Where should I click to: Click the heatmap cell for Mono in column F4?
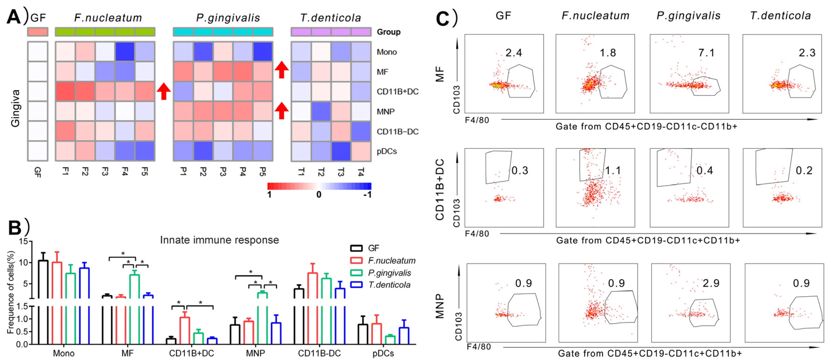(x=125, y=52)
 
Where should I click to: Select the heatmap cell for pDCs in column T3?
(x=340, y=151)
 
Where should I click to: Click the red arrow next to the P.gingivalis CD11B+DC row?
(x=163, y=91)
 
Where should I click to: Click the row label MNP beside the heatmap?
(x=386, y=112)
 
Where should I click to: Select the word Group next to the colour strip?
(x=388, y=32)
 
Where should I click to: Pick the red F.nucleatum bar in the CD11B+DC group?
(x=184, y=330)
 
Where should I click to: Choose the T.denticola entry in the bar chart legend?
(x=389, y=285)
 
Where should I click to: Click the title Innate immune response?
(x=219, y=240)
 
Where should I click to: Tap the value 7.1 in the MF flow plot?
(x=706, y=53)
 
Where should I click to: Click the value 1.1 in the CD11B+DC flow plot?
(x=613, y=170)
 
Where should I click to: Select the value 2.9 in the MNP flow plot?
(x=711, y=283)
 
